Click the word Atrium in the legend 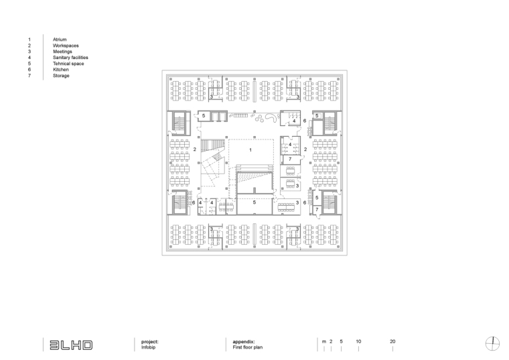coord(60,40)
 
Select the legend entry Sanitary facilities coord(70,58)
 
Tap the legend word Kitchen coord(61,70)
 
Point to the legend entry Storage coord(61,76)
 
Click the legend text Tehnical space coord(68,64)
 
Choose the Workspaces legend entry coord(66,46)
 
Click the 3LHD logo coord(71,345)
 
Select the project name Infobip coord(149,347)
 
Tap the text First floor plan coord(248,347)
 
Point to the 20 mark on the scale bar coord(392,341)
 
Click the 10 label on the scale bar coord(358,341)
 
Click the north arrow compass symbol coord(492,344)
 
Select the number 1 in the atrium coord(250,149)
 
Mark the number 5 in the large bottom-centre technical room coord(254,202)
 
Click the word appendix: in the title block coord(244,342)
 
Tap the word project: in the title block coord(149,342)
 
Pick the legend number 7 coord(29,76)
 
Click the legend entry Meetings coord(62,52)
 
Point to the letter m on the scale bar coord(324,342)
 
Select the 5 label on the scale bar coord(341,341)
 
